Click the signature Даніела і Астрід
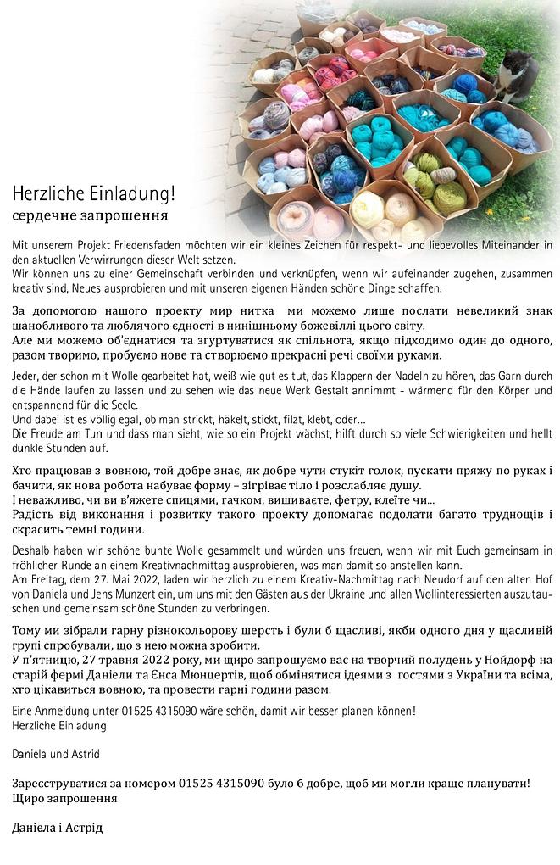[x=57, y=827]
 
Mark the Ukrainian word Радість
[x=36, y=514]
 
